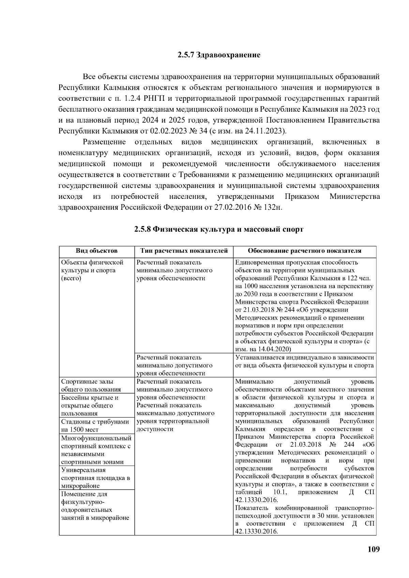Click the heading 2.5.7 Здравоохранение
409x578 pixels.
click(x=219, y=55)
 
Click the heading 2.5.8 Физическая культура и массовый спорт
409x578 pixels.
click(x=218, y=229)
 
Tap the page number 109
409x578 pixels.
click(x=374, y=549)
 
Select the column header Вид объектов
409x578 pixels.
click(x=97, y=251)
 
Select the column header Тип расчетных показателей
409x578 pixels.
click(x=184, y=251)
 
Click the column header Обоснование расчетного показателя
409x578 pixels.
click(x=304, y=251)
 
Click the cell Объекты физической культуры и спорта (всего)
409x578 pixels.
click(x=92, y=270)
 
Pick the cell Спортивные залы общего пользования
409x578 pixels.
click(x=91, y=385)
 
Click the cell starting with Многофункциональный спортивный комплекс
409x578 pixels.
click(x=96, y=450)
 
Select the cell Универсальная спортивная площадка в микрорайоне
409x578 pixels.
click(x=95, y=478)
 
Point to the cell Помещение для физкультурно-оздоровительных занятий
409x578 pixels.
click(x=95, y=506)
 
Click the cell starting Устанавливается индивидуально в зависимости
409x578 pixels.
click(x=304, y=361)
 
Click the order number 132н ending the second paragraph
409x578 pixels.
click(x=273, y=207)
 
